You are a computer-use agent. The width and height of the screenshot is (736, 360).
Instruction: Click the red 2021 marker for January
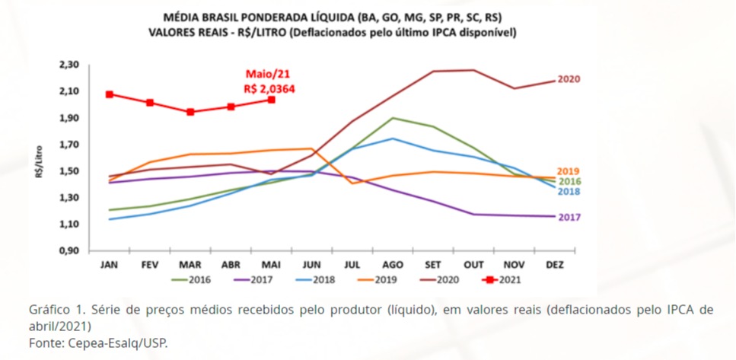click(x=110, y=94)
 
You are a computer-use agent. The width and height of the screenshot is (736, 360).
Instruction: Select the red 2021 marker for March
click(x=190, y=112)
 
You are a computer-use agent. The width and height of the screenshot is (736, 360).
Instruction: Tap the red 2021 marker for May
click(x=272, y=100)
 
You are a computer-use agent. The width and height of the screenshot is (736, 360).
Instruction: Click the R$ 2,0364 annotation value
click(x=269, y=88)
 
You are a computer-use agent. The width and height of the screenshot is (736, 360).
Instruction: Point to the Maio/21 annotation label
click(x=267, y=75)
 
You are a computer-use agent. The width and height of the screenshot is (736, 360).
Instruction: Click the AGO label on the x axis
click(x=393, y=264)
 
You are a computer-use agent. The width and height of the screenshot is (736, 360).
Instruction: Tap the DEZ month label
click(x=556, y=264)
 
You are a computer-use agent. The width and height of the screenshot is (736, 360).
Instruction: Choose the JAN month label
click(x=110, y=264)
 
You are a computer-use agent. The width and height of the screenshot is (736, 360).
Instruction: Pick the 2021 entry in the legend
click(x=509, y=279)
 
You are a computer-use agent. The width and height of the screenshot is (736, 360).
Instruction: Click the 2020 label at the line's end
click(x=569, y=79)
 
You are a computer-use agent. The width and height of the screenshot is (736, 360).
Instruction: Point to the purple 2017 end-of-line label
click(x=570, y=218)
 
